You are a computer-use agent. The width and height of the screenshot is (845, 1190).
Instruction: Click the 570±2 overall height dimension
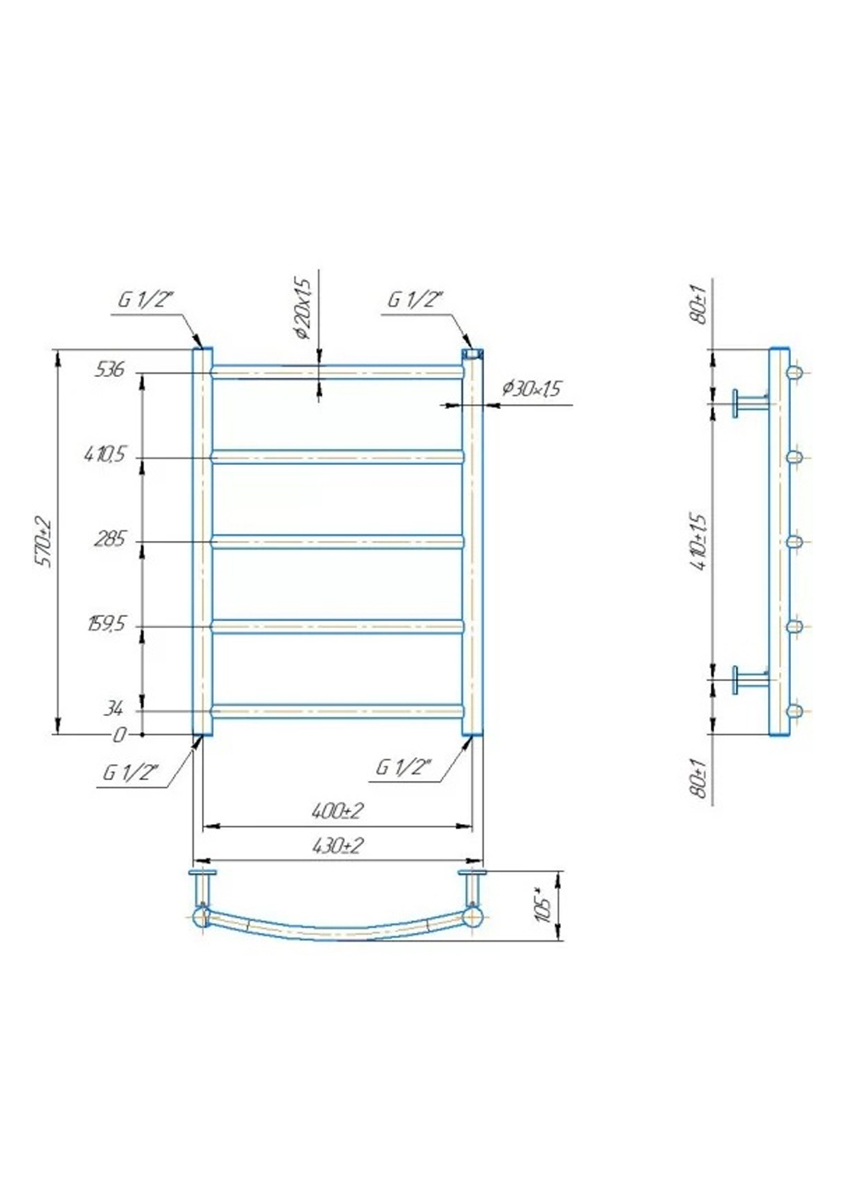point(44,541)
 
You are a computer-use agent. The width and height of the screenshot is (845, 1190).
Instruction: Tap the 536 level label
point(109,369)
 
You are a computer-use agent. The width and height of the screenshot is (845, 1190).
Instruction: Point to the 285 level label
point(109,540)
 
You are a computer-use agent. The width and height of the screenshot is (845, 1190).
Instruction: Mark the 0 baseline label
point(120,735)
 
